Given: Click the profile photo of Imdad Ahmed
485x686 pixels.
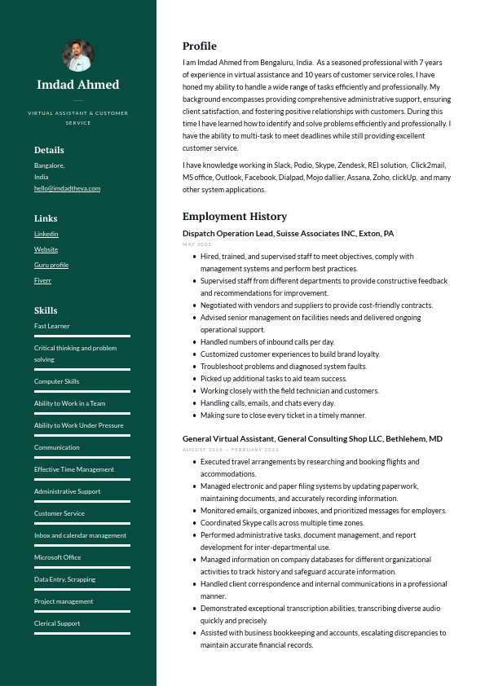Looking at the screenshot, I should click(x=78, y=55).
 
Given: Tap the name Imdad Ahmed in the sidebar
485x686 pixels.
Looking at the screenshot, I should click(x=78, y=85).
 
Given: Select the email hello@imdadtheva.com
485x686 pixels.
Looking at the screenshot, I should click(x=67, y=188).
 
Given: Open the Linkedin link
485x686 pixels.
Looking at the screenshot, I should click(x=46, y=234).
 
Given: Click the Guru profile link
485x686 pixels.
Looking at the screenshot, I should click(x=51, y=265).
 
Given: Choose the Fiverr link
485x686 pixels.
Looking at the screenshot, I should click(x=42, y=280).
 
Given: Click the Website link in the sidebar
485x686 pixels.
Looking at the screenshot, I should click(x=46, y=249).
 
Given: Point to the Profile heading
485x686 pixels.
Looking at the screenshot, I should click(x=200, y=46).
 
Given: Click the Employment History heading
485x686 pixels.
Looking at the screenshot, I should click(x=235, y=217).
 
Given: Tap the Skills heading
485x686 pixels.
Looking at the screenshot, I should click(x=46, y=310).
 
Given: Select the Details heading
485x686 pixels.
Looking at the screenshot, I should click(x=49, y=150).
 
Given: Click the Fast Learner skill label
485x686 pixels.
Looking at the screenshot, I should click(x=52, y=326).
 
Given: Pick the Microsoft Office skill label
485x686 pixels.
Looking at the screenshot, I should click(x=58, y=557).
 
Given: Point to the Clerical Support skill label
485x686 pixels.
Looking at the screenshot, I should click(x=57, y=623).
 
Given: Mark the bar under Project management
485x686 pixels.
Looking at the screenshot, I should click(x=82, y=611).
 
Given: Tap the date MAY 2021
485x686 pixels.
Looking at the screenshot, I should click(x=196, y=244).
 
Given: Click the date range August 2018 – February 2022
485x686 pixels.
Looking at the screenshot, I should click(x=231, y=450).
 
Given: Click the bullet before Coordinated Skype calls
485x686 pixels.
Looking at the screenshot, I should click(x=193, y=523).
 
